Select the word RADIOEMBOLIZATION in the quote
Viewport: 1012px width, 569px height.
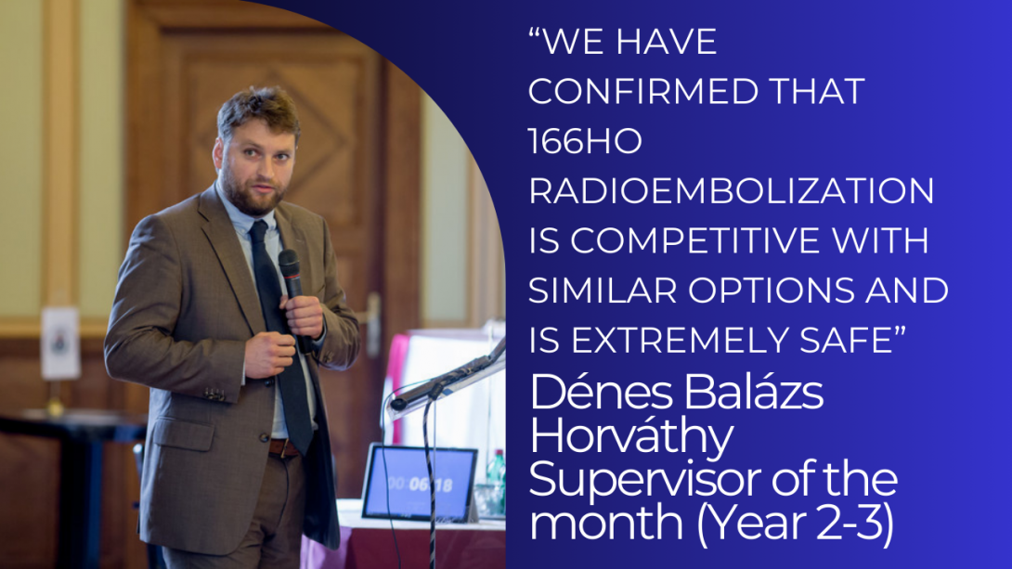pos(732,191)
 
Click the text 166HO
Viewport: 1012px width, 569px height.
pos(586,141)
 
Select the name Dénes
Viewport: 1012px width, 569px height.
pos(600,393)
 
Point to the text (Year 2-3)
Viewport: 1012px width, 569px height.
pos(795,524)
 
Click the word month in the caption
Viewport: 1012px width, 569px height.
pos(606,524)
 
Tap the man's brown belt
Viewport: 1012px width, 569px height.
pos(285,447)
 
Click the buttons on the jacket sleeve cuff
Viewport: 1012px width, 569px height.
pos(214,394)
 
